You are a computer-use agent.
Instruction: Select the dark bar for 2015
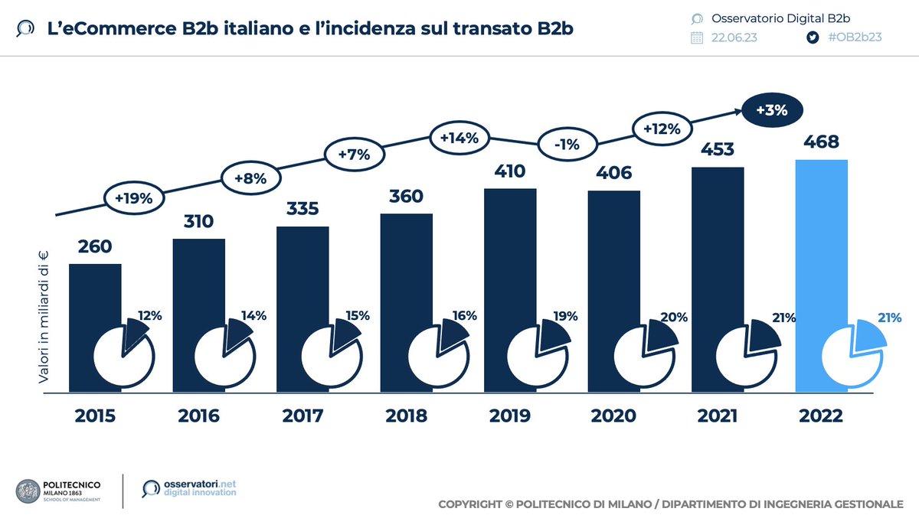95,298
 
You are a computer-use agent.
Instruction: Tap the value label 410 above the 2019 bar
509,171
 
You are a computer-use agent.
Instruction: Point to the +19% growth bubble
134,198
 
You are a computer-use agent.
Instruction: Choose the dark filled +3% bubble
772,110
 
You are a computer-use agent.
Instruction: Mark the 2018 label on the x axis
406,416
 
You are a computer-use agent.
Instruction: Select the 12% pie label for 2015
150,315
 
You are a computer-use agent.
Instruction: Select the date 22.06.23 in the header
734,37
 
